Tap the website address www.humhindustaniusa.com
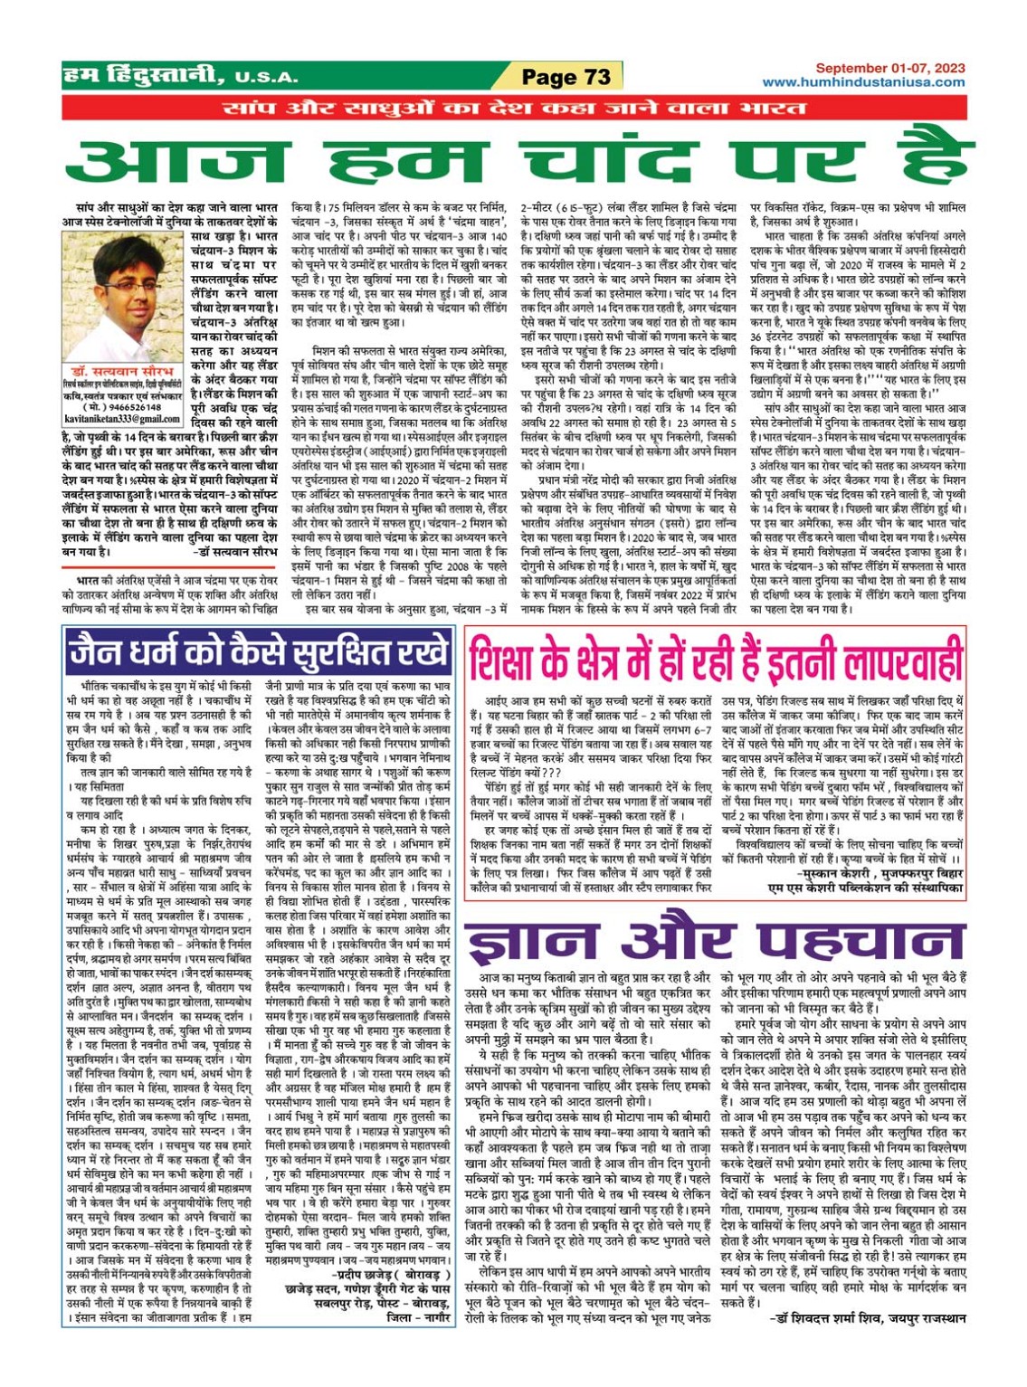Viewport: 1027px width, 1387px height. [864, 82]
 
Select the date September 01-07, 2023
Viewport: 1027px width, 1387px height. [890, 68]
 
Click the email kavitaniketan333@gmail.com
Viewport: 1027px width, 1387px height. [122, 419]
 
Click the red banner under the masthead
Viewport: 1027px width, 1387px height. [514, 109]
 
